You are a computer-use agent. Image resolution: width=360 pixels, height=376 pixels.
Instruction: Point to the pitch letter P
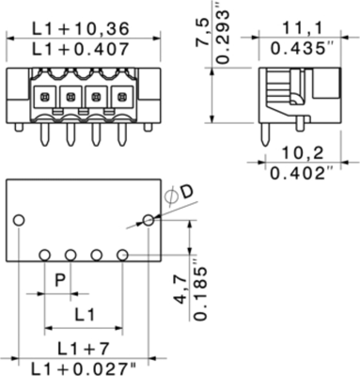[59, 279]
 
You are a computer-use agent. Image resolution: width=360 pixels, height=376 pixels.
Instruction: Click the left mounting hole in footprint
[18, 220]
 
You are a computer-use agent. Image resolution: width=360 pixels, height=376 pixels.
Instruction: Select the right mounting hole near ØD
[148, 220]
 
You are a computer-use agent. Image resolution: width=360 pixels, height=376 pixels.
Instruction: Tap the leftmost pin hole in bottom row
[45, 255]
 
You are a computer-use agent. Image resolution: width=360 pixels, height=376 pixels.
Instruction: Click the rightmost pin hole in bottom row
[122, 255]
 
